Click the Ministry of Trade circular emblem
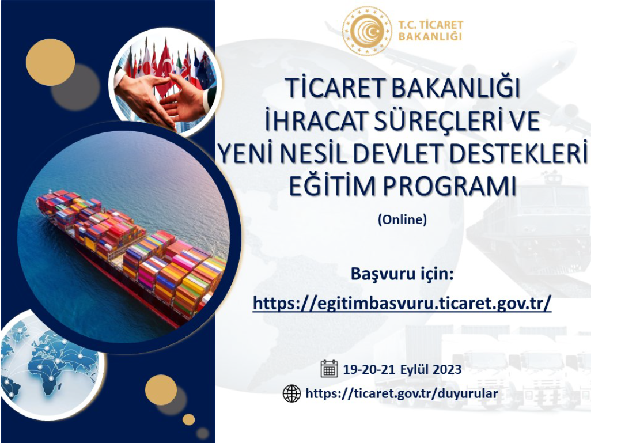coord(367,31)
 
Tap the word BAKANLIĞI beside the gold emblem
coord(430,36)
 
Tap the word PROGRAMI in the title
coord(450,187)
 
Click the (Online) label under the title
coord(402,219)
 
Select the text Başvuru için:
coord(402,274)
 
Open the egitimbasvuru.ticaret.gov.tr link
coord(402,303)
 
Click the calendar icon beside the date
coord(329,369)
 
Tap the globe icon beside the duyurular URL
coord(292,393)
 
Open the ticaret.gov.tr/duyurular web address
coord(402,394)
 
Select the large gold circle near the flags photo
coord(50,62)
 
